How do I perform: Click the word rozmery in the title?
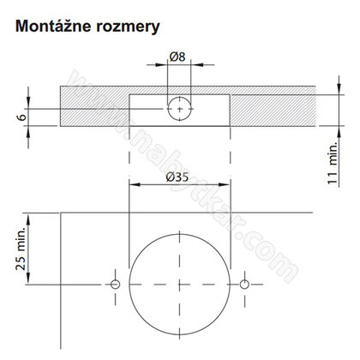click(x=126, y=27)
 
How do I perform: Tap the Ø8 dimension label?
click(x=179, y=57)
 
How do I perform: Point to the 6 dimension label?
click(x=21, y=113)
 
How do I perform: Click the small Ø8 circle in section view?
click(x=179, y=109)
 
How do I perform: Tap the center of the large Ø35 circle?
click(x=179, y=283)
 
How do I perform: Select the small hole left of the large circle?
click(x=114, y=283)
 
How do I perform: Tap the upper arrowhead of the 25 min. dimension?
click(x=33, y=216)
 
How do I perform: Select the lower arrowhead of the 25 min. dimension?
click(x=33, y=279)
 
